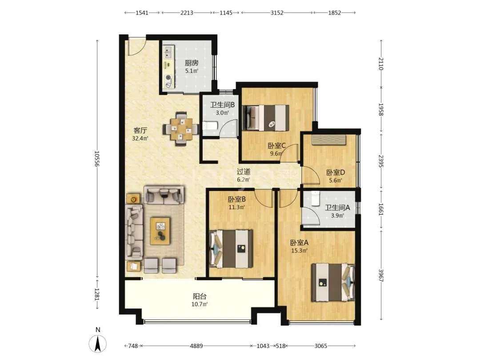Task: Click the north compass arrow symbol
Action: (98, 344)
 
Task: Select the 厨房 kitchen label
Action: (192, 63)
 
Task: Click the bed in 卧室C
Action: (266, 118)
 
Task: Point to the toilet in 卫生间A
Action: (315, 198)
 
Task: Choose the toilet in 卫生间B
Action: (210, 125)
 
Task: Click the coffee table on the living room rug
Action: (160, 231)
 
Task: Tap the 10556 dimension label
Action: (97, 159)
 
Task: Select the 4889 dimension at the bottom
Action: (196, 346)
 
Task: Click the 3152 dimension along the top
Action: (277, 12)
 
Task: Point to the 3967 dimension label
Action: (381, 276)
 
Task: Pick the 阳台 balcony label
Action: (200, 296)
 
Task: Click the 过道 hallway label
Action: (244, 172)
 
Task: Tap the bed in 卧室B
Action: (231, 249)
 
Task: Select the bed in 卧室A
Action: (333, 282)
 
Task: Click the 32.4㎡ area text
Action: (140, 138)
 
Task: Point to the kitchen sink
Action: (168, 52)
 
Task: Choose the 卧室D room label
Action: (336, 172)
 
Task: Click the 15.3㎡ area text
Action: (299, 251)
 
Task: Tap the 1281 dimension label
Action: (97, 294)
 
